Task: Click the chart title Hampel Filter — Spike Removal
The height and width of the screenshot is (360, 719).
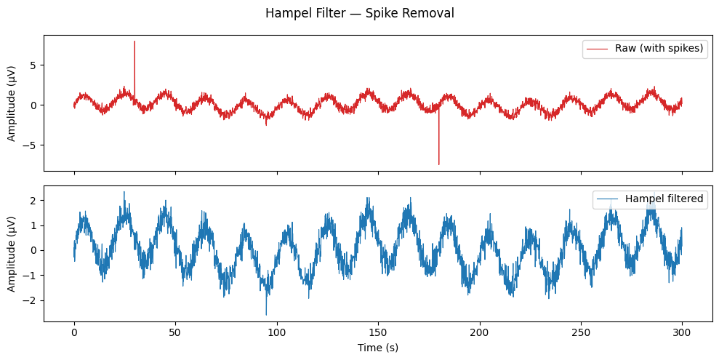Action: [x=359, y=14]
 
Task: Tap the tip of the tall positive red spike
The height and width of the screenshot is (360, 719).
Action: [x=134, y=41]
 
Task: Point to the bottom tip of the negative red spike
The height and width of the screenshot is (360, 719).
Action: [x=438, y=164]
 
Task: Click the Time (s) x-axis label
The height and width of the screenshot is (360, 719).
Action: [x=377, y=348]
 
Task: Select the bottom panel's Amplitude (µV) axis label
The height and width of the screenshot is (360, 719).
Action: [x=12, y=253]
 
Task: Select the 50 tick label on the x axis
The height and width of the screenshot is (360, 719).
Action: [x=175, y=332]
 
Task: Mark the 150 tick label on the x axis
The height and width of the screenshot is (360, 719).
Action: [x=378, y=332]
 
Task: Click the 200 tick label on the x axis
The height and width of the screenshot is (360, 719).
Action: [x=479, y=332]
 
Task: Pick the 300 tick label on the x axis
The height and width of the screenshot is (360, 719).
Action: [x=682, y=332]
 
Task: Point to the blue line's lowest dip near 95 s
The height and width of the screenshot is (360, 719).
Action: [x=266, y=314]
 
